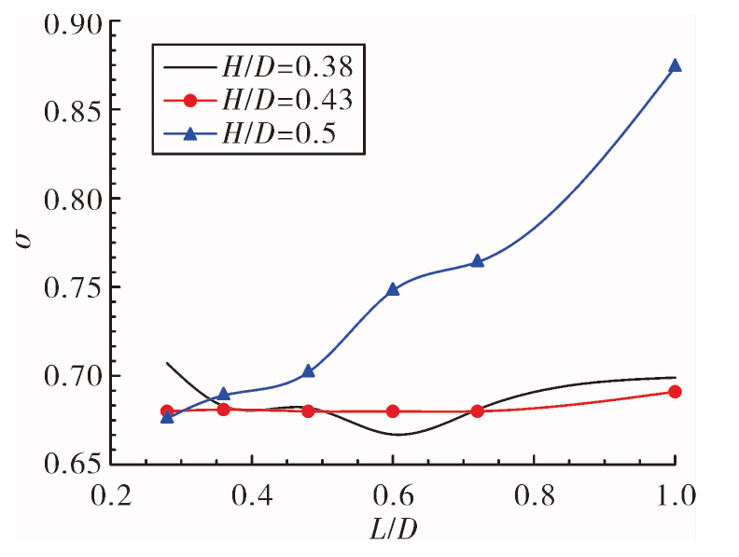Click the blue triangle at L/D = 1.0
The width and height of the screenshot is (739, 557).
(675, 65)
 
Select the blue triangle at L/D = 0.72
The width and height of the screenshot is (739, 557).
(478, 261)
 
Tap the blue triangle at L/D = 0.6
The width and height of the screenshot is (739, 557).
(393, 289)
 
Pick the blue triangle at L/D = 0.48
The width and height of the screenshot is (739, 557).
(308, 371)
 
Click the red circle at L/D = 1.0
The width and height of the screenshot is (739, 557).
(675, 392)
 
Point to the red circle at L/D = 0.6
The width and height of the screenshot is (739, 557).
(393, 411)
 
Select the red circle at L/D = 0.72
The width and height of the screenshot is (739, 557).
(478, 411)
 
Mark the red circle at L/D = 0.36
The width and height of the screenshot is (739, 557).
(223, 410)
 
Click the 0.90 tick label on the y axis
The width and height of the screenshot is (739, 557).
(73, 24)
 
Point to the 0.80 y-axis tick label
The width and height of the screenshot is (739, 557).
(73, 199)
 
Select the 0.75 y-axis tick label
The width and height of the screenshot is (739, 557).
(73, 287)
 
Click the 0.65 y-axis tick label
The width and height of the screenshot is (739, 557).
(73, 465)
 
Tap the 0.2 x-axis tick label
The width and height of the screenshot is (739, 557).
(111, 495)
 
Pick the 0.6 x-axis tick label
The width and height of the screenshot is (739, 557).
(393, 495)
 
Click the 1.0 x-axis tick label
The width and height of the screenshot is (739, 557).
(676, 495)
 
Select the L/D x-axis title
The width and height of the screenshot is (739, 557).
(394, 530)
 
